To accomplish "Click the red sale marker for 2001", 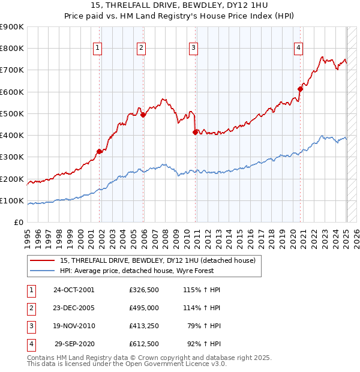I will coord(100,151).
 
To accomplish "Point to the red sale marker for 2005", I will coord(143,115).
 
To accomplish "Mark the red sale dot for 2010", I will coord(196,133).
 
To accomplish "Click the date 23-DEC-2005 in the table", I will coord(74,308).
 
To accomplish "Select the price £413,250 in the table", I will coord(143,326).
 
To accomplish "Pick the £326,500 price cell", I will coord(143,290).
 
